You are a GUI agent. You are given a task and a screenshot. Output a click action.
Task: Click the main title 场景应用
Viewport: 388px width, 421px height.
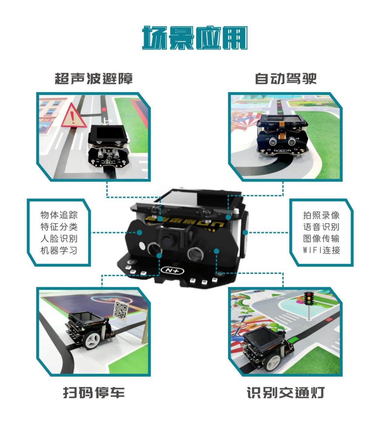click(x=195, y=38)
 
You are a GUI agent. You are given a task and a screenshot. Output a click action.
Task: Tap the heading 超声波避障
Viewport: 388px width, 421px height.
click(x=94, y=79)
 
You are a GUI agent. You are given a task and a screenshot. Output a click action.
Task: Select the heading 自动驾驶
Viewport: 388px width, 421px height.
click(x=286, y=79)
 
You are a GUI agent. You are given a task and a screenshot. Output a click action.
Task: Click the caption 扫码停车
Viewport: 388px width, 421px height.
click(x=94, y=393)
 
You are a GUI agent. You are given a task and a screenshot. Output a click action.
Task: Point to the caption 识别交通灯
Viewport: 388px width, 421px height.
click(x=286, y=393)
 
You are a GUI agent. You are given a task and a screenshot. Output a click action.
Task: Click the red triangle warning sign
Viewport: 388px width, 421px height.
click(x=72, y=116)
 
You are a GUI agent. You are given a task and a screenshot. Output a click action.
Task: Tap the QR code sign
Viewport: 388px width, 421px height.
click(x=121, y=311)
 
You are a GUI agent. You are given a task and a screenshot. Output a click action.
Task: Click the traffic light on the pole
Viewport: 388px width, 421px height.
click(x=309, y=299)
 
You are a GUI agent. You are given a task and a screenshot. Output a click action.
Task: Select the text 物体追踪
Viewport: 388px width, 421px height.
click(x=59, y=215)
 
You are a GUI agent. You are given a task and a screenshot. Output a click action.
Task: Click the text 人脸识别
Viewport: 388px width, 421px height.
click(x=59, y=238)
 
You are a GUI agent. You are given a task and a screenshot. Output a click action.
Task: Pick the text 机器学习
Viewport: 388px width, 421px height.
click(x=59, y=250)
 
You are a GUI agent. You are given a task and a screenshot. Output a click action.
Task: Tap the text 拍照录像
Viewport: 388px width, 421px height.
click(x=321, y=215)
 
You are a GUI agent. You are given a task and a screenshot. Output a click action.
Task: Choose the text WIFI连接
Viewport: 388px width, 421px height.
click(x=321, y=250)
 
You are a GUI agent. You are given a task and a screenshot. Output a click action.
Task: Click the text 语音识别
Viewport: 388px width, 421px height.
click(x=321, y=227)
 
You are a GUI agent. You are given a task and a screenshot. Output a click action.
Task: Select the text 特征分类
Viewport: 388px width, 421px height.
click(x=59, y=227)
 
